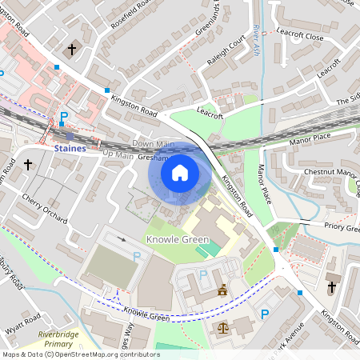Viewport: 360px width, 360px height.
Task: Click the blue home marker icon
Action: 180,172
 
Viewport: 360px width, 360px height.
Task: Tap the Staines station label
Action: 70,148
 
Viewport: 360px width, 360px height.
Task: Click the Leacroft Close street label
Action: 300,37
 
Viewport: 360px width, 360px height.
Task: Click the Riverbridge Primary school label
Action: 58,339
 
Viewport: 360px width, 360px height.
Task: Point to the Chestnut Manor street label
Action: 329,172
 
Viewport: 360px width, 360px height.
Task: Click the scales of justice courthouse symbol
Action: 222,326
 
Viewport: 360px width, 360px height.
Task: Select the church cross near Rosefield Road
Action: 72,50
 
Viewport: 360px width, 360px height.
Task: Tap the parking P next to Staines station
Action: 64,117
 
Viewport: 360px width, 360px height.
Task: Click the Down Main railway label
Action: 153,143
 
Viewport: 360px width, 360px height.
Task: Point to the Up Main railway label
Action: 118,154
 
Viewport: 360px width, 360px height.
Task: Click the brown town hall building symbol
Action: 222,291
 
